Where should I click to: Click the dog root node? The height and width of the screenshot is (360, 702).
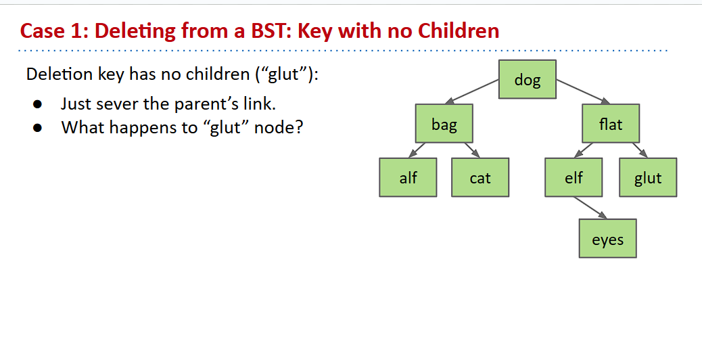(x=528, y=79)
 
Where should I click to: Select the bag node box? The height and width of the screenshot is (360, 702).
(x=444, y=124)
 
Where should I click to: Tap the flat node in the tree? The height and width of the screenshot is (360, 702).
(x=611, y=124)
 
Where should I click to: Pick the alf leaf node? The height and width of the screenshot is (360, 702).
(x=408, y=177)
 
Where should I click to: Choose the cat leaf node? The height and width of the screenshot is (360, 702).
(x=480, y=177)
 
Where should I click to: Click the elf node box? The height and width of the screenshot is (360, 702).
(x=574, y=177)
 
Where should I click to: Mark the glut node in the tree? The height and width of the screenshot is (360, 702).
(x=648, y=177)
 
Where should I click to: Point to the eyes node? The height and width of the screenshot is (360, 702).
(x=607, y=238)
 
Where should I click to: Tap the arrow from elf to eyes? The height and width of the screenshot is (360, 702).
(x=590, y=208)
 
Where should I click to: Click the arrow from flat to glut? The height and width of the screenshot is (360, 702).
(x=640, y=150)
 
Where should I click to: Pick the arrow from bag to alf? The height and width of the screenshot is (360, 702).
(x=417, y=150)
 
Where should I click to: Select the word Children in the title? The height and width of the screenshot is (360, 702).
(x=459, y=30)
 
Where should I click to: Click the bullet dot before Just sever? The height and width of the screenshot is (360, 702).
(x=38, y=104)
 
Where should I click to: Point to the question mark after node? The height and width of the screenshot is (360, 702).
(x=299, y=127)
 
